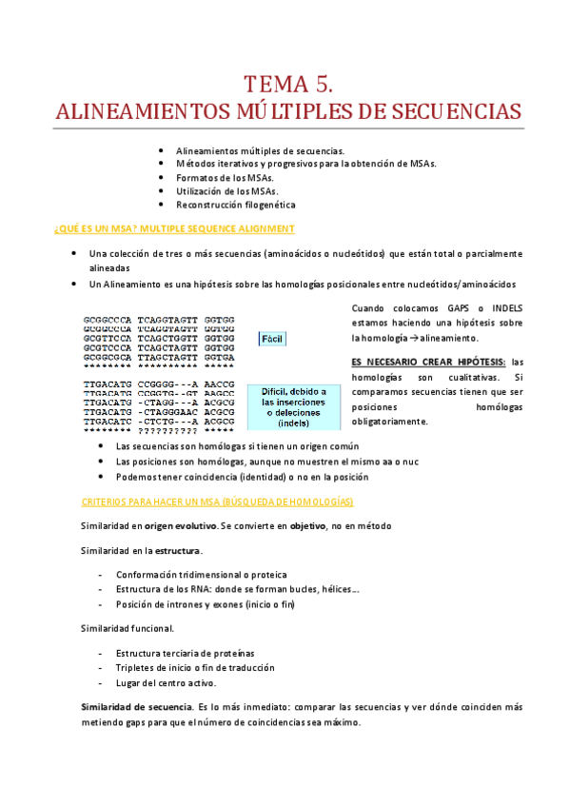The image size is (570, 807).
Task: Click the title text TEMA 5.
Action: coord(286,83)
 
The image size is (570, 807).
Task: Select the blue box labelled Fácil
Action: coord(273,340)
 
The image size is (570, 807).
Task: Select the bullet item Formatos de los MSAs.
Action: coord(224,178)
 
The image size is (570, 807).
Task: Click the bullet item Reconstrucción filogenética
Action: coord(235,205)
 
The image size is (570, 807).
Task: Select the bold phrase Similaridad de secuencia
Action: coord(134,708)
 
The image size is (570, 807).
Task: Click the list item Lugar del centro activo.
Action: coord(166,683)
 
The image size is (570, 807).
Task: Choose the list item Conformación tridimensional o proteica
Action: coord(201,575)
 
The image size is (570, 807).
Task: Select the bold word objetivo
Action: coord(308,525)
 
